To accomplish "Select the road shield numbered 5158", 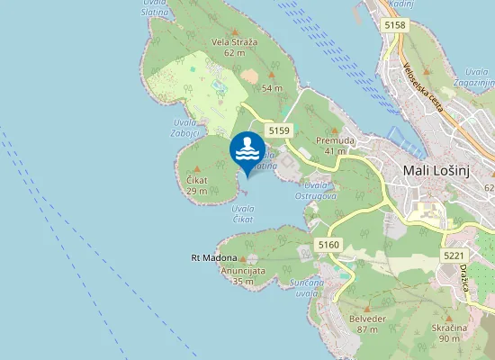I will coord(394,25).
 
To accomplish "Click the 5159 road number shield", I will coord(279,131).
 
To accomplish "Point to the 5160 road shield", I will coord(328,245).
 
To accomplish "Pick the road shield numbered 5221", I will coord(453,256).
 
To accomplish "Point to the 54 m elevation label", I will coord(272,88).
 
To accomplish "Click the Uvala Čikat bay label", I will coord(243,214).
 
